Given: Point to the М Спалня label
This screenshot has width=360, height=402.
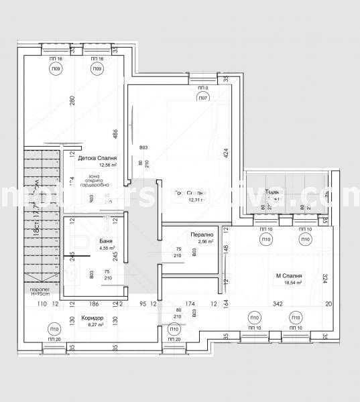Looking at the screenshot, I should (288, 276).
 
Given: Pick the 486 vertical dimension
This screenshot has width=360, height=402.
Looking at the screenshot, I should (115, 134).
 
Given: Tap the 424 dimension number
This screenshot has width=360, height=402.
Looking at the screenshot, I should (226, 152).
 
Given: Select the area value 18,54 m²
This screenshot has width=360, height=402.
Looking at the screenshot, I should (288, 284).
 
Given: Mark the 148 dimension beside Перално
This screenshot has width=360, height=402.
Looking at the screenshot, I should (226, 250).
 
